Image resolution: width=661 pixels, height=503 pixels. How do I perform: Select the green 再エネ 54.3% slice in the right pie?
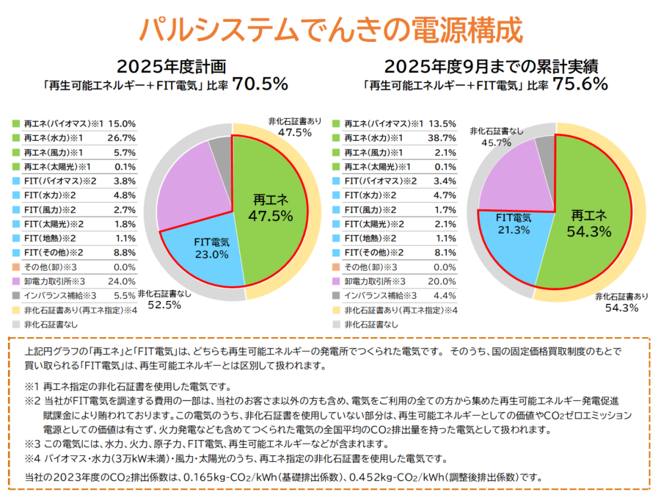coord(591,220)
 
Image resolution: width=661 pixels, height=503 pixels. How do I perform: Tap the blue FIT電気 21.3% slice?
coord(514,235)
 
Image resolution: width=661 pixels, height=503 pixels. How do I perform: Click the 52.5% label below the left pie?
coord(164,305)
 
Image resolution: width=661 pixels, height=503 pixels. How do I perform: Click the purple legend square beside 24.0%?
coord(15,281)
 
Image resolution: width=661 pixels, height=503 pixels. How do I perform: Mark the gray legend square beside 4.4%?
coord(337,295)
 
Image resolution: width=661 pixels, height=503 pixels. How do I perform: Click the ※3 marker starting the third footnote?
coord(32,445)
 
